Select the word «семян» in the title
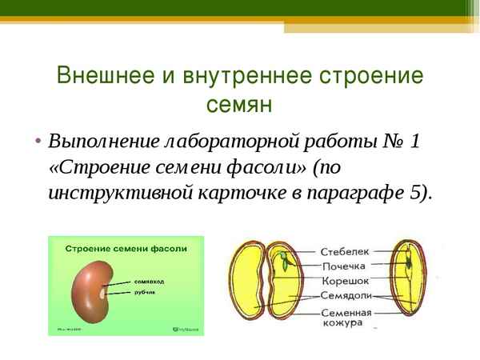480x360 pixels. pos(239,105)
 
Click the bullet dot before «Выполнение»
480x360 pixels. pos(38,142)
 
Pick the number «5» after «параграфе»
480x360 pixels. pos(413,194)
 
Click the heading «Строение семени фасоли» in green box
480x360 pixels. pos(126,249)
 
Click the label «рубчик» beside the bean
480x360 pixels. pos(145,292)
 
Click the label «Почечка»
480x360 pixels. pos(344,266)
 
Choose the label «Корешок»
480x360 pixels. pos(344,281)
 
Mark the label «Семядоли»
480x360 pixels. pos(346,295)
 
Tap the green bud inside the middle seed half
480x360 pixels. pos(283,259)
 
